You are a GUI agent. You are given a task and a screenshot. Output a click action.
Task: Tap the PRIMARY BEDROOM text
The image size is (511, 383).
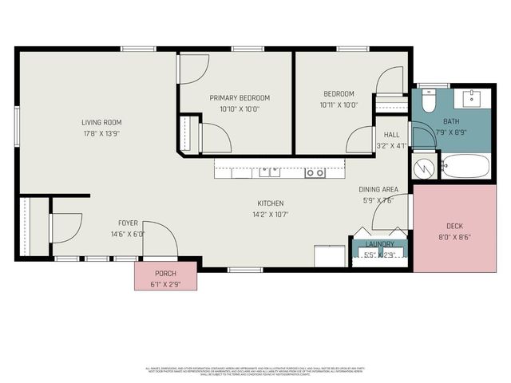pyautogui.click(x=235, y=98)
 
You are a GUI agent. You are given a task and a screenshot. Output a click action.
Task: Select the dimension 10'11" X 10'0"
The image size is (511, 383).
pyautogui.click(x=339, y=105)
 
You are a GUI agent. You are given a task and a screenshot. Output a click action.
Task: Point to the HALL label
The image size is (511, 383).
pyautogui.click(x=391, y=135)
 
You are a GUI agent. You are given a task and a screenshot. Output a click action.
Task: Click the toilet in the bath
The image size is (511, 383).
pyautogui.click(x=428, y=101)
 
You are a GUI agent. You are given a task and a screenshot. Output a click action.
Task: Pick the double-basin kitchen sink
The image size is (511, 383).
pyautogui.click(x=269, y=172)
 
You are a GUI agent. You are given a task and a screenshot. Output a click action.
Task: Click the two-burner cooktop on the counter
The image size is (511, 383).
pyautogui.click(x=315, y=172)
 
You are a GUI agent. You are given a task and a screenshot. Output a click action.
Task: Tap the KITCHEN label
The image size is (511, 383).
pyautogui.click(x=270, y=203)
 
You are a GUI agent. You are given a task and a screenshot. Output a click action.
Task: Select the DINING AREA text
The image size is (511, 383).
pyautogui.click(x=378, y=189)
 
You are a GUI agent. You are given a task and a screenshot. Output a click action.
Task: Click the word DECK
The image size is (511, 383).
pyautogui.click(x=454, y=226)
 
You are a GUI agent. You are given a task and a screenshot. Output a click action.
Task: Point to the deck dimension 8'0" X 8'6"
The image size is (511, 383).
pyautogui.click(x=454, y=237)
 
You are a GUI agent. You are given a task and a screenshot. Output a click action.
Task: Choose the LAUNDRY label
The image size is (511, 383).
pyautogui.click(x=380, y=244)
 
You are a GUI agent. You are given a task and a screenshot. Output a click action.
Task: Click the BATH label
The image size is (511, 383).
pyautogui.click(x=452, y=122)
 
